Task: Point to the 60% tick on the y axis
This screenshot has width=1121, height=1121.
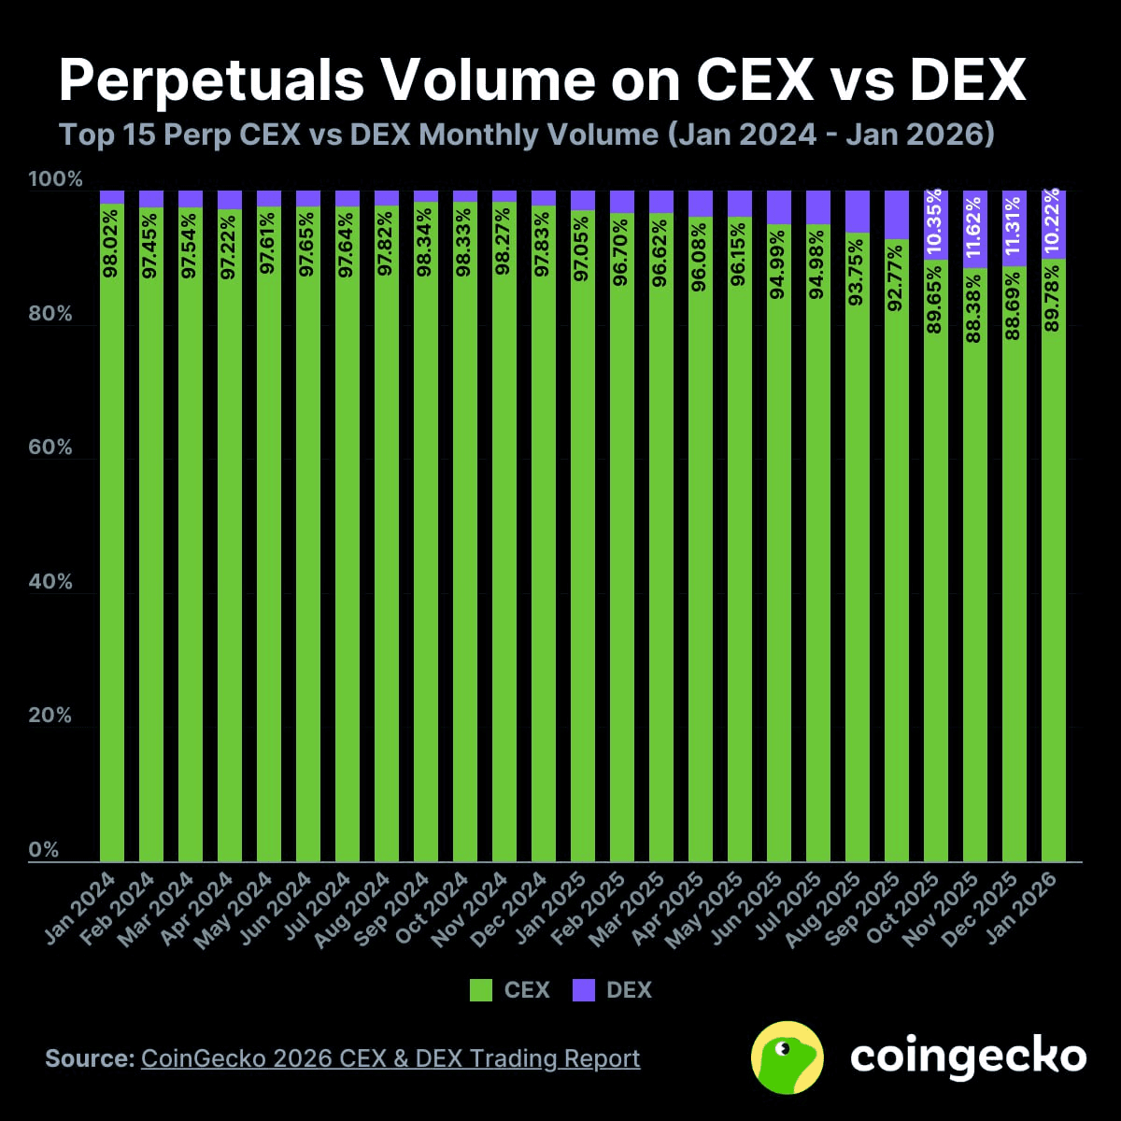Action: point(50,447)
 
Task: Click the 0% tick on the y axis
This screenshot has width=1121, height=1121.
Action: point(43,850)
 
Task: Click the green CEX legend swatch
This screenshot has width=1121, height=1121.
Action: point(481,990)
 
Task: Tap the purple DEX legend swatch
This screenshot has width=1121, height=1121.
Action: point(583,990)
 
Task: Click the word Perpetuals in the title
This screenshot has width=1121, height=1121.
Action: point(211,80)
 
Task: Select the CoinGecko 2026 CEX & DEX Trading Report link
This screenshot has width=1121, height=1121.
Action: point(390,1058)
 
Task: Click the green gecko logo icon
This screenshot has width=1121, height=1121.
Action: point(787,1057)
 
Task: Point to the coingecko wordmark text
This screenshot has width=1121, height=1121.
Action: point(968,1057)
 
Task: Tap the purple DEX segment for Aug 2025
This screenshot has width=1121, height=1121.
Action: point(858,211)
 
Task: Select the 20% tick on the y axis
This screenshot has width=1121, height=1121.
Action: point(50,716)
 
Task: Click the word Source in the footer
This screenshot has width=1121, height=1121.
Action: point(90,1058)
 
